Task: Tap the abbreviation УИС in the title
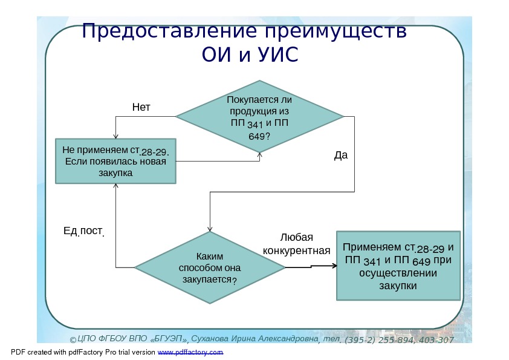(278, 55)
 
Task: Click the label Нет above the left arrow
(141, 108)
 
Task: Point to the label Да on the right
(341, 155)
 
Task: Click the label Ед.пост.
(84, 231)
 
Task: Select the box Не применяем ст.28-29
(115, 161)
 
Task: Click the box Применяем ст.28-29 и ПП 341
(398, 266)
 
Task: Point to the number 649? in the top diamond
(259, 136)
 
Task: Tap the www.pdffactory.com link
(190, 352)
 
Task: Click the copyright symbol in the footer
(72, 341)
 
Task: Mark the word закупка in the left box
(115, 173)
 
